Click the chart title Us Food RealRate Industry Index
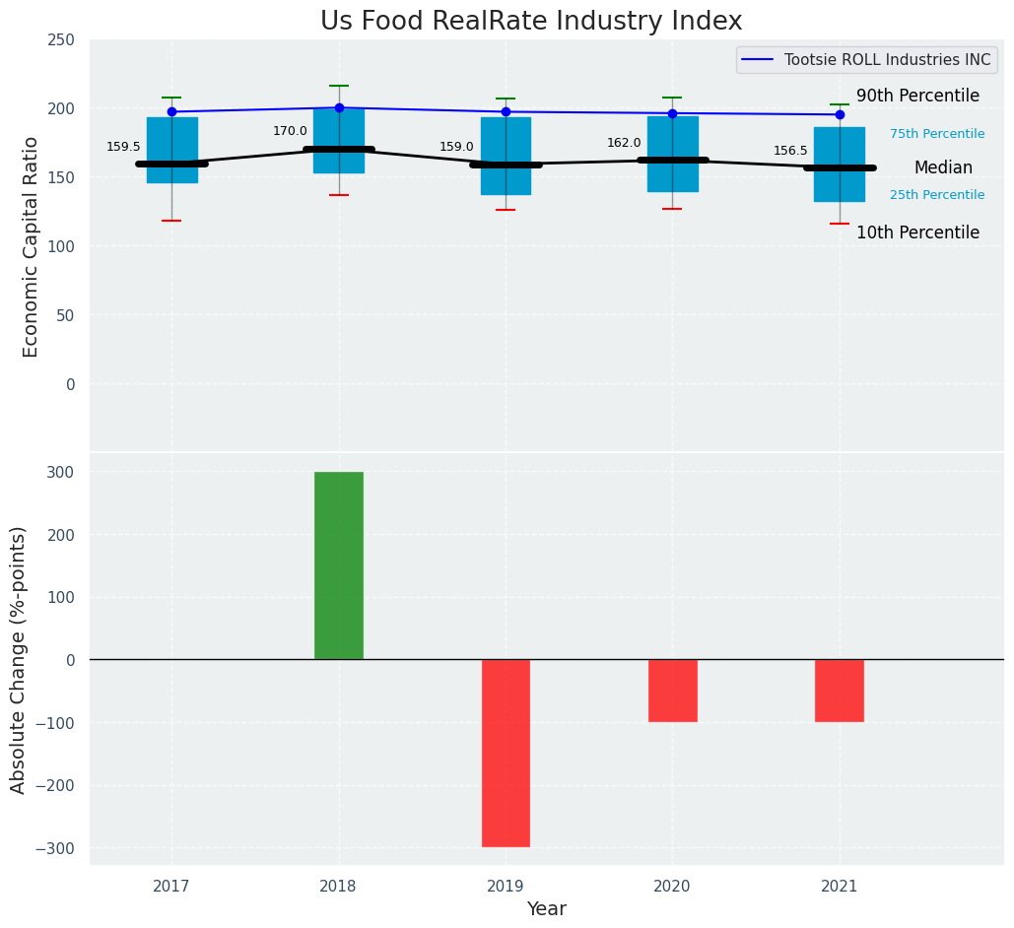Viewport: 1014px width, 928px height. click(x=531, y=22)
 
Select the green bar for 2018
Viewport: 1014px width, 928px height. click(x=339, y=565)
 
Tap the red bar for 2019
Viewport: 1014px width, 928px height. click(x=506, y=753)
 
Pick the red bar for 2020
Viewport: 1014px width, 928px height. click(x=673, y=691)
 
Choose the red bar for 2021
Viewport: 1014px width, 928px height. click(x=840, y=691)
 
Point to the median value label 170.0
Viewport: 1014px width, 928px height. click(x=290, y=131)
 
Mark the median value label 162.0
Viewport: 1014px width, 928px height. click(x=624, y=143)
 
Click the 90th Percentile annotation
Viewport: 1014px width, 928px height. click(x=917, y=97)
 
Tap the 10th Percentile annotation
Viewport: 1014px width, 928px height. click(x=917, y=233)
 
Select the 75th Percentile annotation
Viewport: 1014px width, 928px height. click(x=937, y=134)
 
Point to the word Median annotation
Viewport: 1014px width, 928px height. click(x=943, y=168)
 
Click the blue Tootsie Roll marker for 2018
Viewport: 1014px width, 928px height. click(x=339, y=107)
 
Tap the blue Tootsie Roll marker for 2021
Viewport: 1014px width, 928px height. click(x=840, y=114)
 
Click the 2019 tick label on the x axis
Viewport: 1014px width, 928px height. click(x=506, y=887)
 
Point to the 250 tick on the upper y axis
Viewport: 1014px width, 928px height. click(x=61, y=40)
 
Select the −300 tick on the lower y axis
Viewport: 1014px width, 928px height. click(x=54, y=848)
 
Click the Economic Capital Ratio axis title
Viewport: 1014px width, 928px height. click(x=31, y=246)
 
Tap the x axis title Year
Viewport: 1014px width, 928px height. click(x=546, y=909)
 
